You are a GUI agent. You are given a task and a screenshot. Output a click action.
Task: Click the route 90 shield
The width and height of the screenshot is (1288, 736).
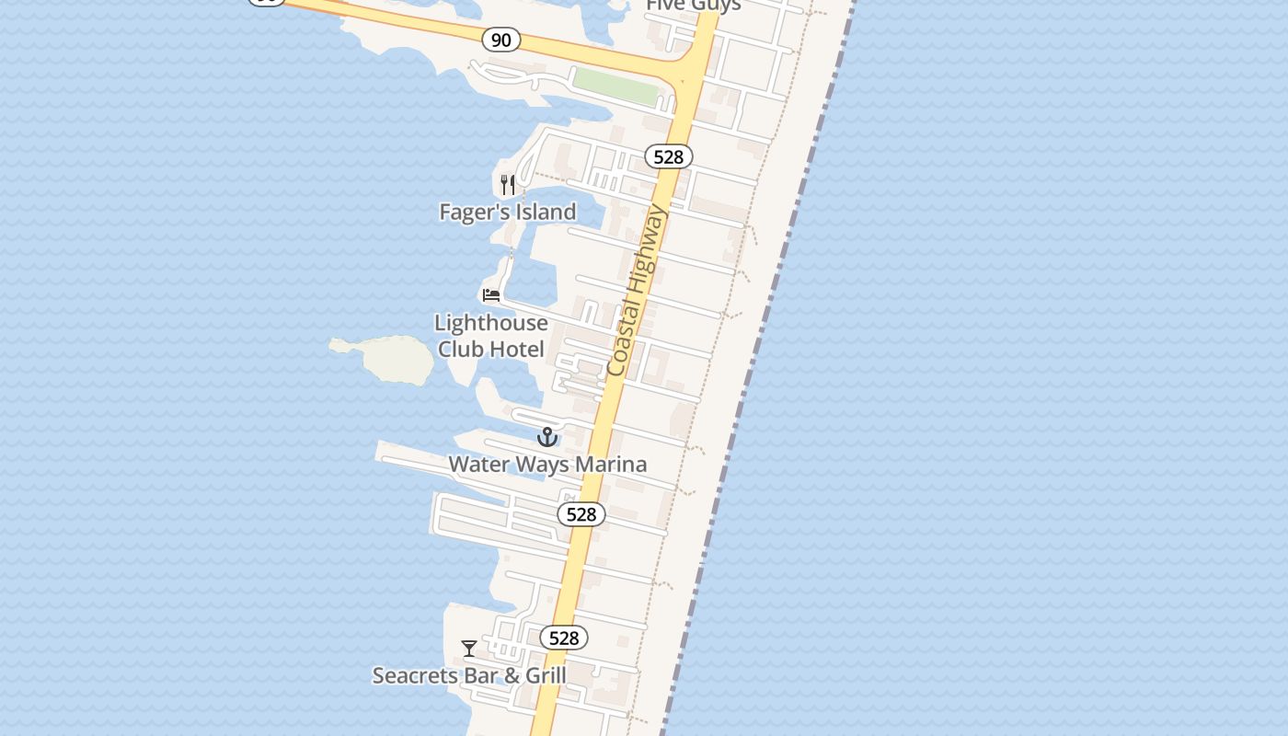coord(500,40)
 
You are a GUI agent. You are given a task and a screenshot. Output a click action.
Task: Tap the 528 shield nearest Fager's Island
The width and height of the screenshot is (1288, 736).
coord(669,156)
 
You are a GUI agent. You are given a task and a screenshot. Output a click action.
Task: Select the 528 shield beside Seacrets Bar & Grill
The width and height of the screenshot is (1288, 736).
coord(564,638)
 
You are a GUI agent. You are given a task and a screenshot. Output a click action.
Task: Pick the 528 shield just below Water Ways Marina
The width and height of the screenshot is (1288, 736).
coord(581,514)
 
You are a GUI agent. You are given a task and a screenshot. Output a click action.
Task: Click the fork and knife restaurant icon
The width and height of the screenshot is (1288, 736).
coord(507,184)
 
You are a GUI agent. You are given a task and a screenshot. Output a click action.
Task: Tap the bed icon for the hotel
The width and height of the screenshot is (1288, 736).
coord(491,295)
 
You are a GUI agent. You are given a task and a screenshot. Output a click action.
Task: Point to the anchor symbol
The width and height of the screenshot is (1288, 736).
coord(547,437)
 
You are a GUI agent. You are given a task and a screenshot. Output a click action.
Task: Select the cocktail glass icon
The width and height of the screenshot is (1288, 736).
coord(469,649)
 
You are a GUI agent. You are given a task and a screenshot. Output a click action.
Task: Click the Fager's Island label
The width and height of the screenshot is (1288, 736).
coord(508,212)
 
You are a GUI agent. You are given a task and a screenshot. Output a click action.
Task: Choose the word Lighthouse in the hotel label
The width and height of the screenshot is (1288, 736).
coord(491,323)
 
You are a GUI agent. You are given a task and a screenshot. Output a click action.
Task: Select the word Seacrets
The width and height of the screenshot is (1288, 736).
coord(414,675)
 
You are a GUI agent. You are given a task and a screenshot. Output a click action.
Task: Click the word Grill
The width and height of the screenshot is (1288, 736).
coord(546,675)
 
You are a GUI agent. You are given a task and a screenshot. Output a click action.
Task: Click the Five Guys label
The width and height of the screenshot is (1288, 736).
coord(694,6)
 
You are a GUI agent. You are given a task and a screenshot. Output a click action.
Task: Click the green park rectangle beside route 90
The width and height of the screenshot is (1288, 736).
coord(616,86)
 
